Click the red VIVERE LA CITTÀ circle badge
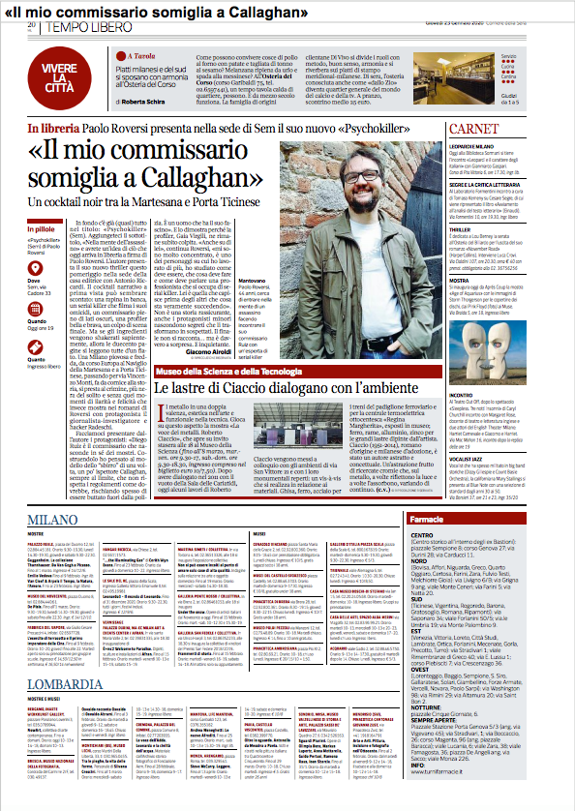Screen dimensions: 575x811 (60, 73)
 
